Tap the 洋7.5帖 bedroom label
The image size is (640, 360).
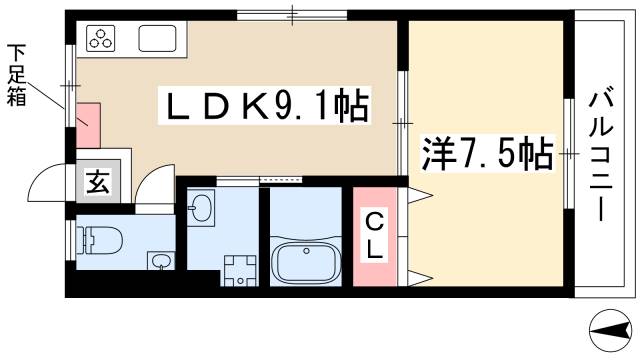click(x=489, y=155)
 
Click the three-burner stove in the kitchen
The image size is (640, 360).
click(x=102, y=41)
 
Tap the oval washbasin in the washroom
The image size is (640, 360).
click(x=202, y=210)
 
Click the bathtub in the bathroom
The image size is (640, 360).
click(x=304, y=264)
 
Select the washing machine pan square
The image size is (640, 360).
click(x=240, y=268)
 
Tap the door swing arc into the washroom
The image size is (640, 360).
click(x=156, y=186)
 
